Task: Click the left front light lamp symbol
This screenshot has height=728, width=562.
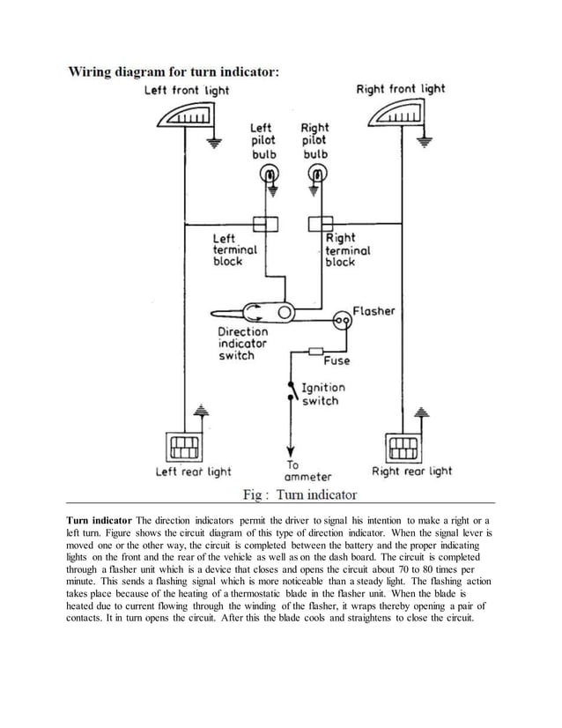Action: point(188,115)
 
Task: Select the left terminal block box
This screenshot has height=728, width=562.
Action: point(265,223)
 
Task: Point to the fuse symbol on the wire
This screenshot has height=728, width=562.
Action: point(314,351)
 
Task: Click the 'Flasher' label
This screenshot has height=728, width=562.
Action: point(374,311)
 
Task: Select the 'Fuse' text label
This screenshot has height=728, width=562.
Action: point(336,361)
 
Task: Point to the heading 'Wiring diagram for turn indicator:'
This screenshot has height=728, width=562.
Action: point(174,72)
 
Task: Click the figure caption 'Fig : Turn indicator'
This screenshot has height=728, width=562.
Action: point(299,494)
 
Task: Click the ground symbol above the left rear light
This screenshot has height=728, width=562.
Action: point(202,412)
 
